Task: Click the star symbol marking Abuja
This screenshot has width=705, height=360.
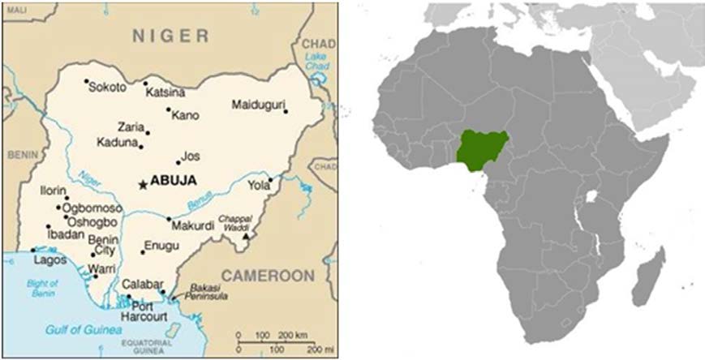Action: [x=144, y=185]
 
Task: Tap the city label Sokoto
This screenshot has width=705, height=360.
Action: [x=108, y=87]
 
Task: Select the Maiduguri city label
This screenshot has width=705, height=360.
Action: [x=258, y=105]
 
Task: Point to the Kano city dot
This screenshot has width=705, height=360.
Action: [x=169, y=109]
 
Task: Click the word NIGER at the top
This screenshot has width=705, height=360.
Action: [x=171, y=36]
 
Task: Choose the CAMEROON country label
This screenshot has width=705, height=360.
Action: [x=268, y=276]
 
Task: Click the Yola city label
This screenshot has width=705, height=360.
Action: [x=258, y=184]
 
